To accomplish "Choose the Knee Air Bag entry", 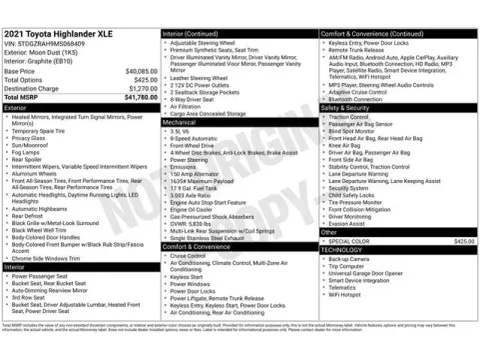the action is click(x=345, y=145).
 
